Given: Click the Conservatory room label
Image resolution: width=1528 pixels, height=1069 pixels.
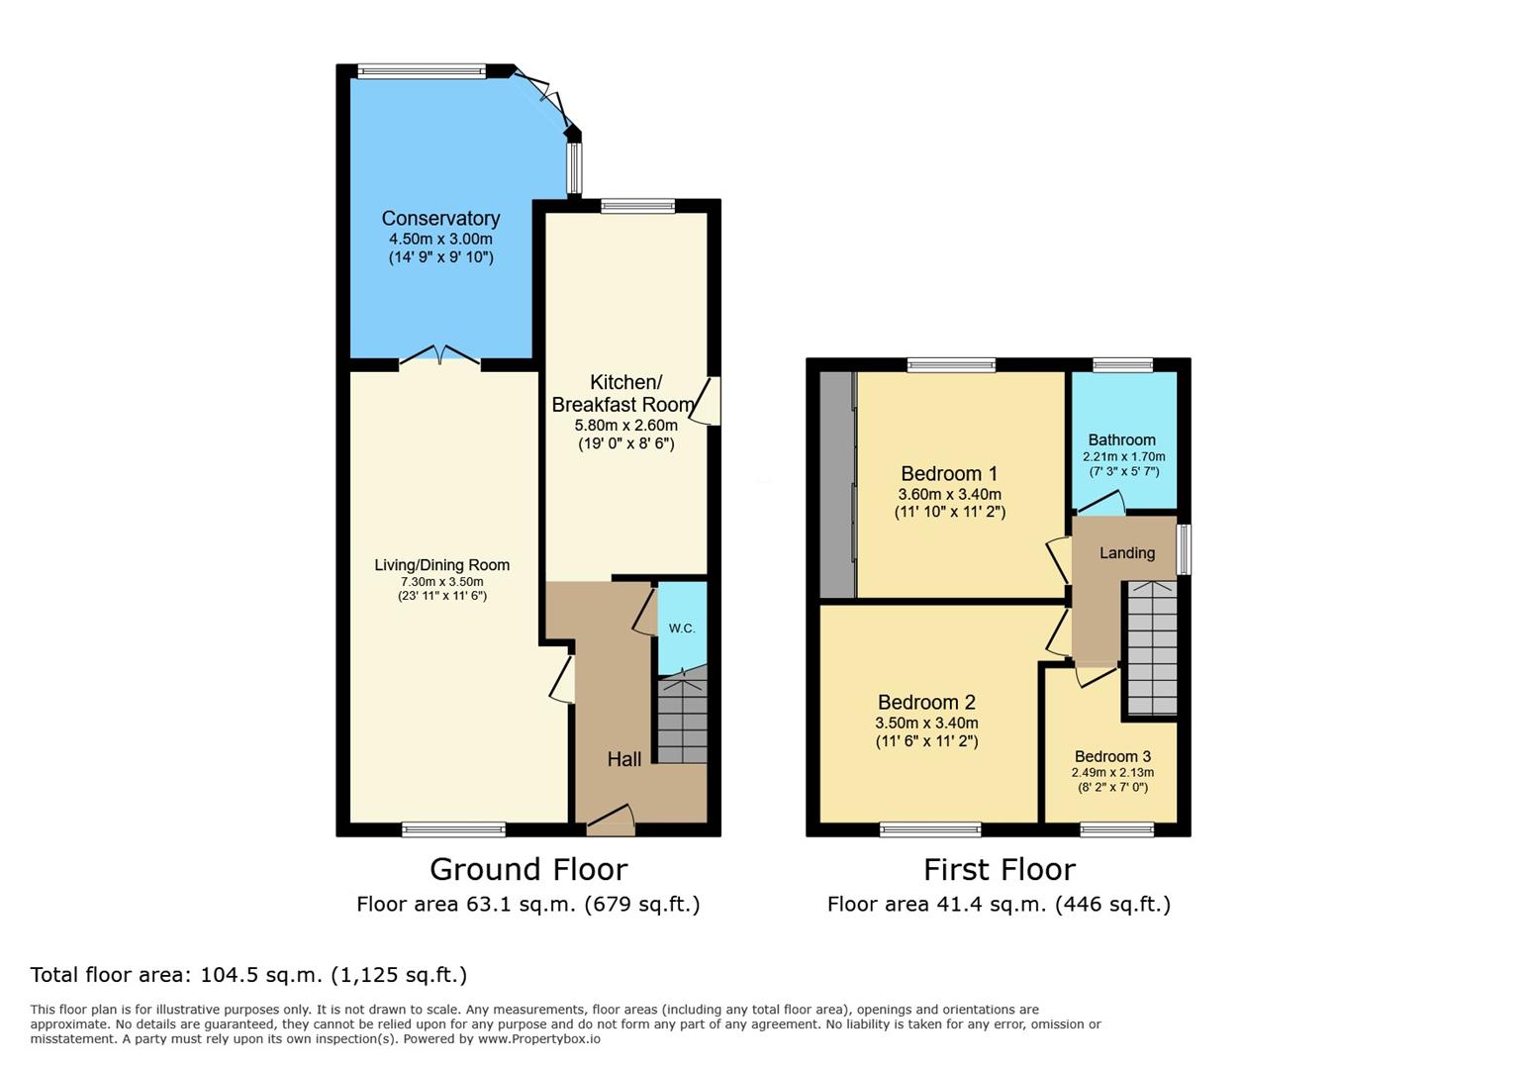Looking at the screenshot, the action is point(440,219).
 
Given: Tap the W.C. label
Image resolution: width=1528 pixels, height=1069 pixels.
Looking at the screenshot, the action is point(682,629).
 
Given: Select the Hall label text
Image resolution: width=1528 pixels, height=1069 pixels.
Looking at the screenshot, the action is point(624,759).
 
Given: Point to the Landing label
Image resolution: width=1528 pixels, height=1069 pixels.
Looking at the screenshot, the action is point(1127,553).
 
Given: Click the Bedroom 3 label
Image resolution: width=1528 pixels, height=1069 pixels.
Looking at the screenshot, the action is point(1112,756).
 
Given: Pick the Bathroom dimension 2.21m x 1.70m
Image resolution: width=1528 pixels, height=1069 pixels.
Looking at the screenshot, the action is point(1123,456).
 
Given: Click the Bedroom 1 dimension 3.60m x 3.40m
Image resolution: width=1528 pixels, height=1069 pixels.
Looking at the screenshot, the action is point(949,494).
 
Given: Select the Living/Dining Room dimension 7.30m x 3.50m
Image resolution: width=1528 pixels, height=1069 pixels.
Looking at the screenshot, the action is point(442,582).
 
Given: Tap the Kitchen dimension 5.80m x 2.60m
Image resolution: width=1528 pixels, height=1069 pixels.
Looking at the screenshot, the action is point(626,426).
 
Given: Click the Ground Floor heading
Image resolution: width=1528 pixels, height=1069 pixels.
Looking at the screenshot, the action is point(528,870).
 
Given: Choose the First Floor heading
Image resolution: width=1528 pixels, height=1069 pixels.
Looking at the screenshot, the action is point(1000,870).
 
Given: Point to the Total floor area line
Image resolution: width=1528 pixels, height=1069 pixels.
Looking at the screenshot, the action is point(248,975).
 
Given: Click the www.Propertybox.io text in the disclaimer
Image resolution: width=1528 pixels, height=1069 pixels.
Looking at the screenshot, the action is point(539,1039).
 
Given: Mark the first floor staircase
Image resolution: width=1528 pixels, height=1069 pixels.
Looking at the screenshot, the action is point(1152,647).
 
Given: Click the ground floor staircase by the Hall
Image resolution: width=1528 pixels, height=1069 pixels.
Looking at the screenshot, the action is point(682,719).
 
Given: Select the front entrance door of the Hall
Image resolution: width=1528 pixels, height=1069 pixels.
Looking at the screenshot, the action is point(612,820).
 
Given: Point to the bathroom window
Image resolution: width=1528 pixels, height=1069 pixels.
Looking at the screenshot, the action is point(1123,365).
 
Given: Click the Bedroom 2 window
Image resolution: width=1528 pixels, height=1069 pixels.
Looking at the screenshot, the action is point(930,829).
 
